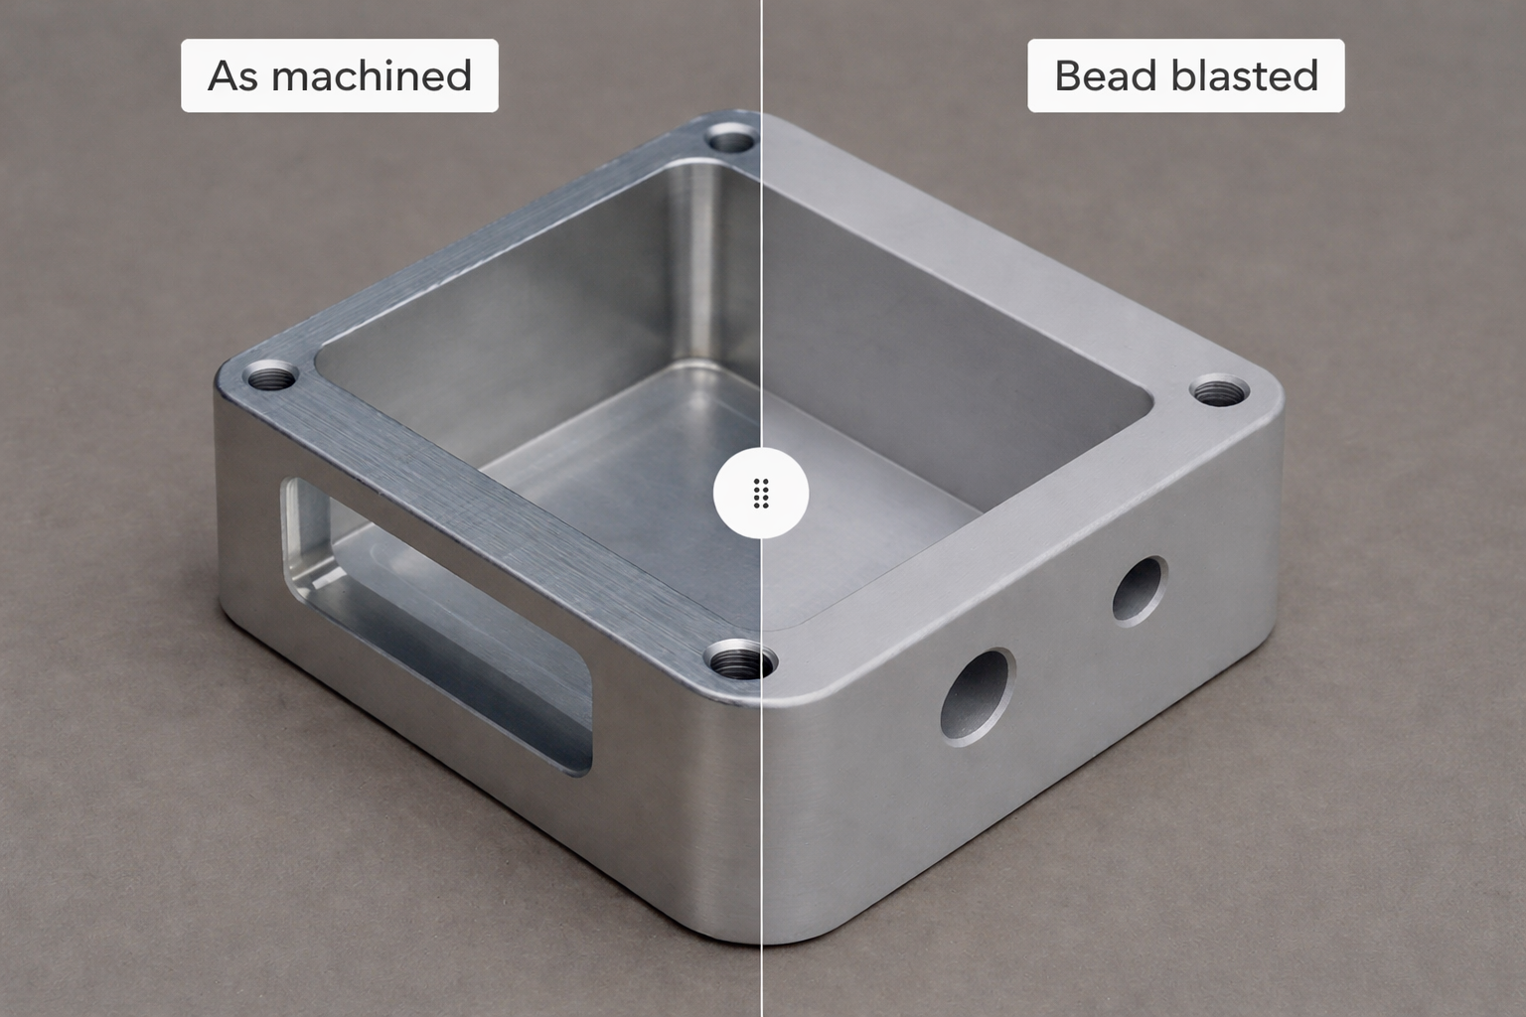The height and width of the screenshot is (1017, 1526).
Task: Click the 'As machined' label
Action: click(339, 75)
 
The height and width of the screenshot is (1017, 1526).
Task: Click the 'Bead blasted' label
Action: click(1185, 75)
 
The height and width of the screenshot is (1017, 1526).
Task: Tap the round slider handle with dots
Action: click(761, 494)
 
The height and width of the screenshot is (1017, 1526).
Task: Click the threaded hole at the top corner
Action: click(731, 139)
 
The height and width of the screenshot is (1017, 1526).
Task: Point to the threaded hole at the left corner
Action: click(271, 377)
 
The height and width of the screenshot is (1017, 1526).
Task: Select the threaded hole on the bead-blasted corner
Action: click(1219, 390)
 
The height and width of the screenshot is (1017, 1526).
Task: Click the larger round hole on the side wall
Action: click(978, 696)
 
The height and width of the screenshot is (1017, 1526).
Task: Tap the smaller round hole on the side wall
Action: click(1139, 590)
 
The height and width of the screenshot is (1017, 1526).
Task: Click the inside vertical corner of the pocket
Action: click(692, 268)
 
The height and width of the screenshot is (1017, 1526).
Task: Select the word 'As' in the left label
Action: click(233, 75)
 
